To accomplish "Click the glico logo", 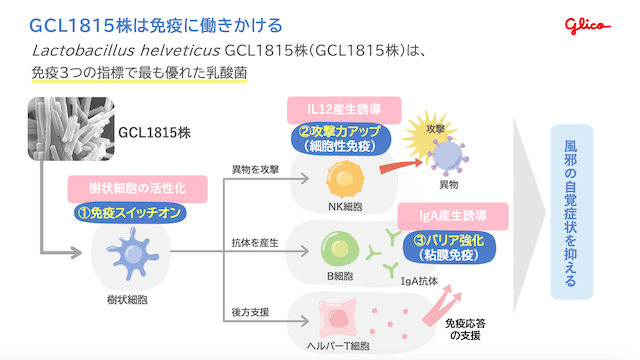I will point(598,22).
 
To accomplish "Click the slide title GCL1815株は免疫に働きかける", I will point(156,23).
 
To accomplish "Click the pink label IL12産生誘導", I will point(346,108).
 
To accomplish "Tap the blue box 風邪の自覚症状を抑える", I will point(571,211).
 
